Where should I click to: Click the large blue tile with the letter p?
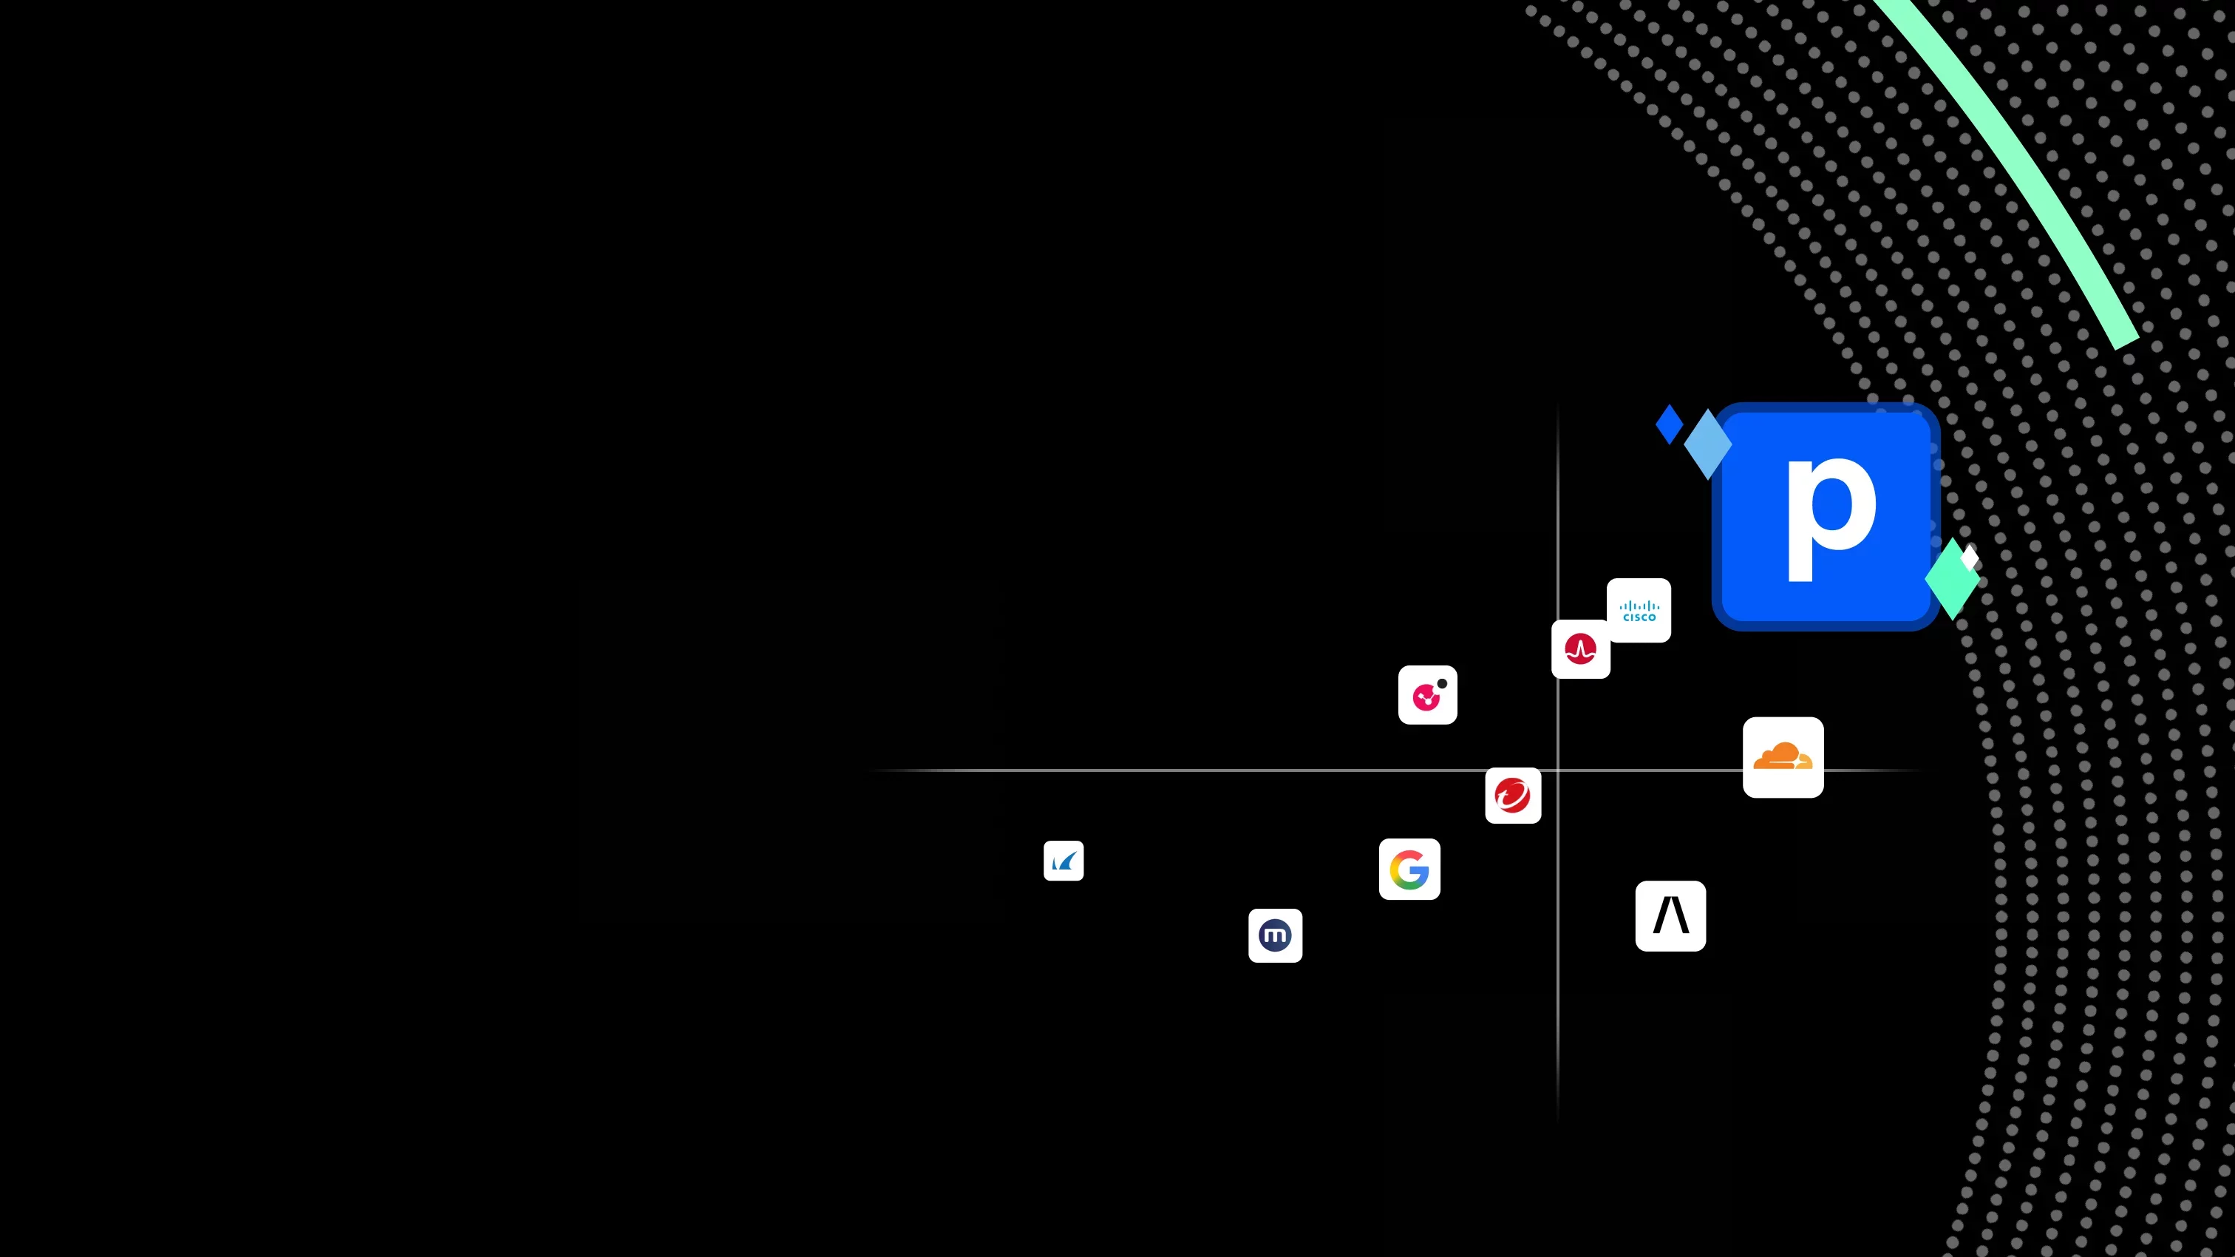coord(1826,517)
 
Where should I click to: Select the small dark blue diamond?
coord(1670,424)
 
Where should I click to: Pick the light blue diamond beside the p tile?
coord(1707,444)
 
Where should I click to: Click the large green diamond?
coord(1952,578)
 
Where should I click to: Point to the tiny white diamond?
coord(1970,558)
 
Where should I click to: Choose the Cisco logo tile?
coord(1639,610)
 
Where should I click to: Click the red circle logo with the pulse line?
coord(1581,648)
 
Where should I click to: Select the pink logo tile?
coord(1428,694)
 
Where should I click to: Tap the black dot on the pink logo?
coord(1442,683)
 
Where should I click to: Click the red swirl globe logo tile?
coord(1513,795)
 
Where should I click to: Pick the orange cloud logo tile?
coord(1783,757)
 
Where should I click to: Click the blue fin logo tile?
coord(1064,860)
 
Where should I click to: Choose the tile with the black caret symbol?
coord(1671,916)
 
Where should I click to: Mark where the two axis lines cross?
coord(1557,770)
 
